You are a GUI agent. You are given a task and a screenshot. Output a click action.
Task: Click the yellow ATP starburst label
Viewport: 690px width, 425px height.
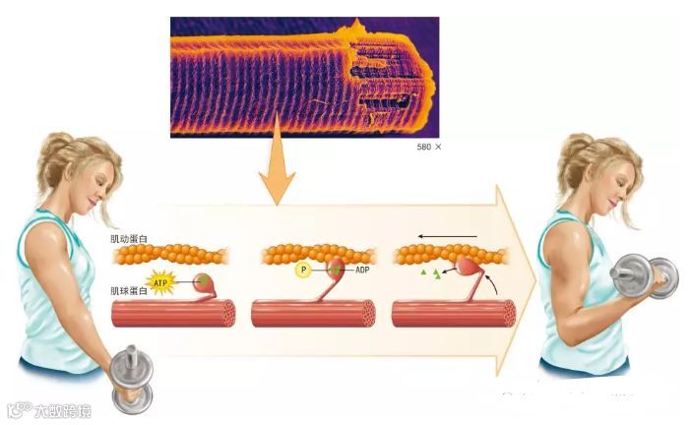(x=159, y=282)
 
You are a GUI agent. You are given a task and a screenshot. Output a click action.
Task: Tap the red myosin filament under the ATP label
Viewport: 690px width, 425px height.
(x=172, y=313)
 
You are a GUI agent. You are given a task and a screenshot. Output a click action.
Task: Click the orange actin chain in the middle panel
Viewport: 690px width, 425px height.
(x=315, y=254)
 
